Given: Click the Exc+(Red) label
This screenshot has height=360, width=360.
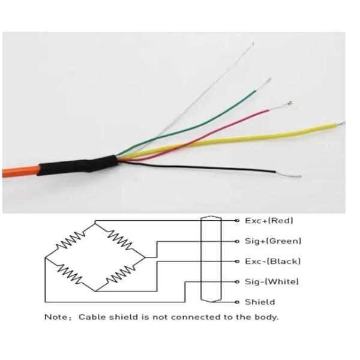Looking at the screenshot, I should (269, 221).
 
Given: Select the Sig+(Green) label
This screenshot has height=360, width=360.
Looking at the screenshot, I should (272, 241).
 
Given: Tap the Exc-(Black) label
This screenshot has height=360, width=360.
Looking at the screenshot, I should (272, 262).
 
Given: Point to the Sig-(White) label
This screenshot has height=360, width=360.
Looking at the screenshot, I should (272, 282).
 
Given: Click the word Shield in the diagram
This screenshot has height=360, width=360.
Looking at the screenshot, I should (260, 302).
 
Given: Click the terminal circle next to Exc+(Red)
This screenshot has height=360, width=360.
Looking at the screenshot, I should (238, 221).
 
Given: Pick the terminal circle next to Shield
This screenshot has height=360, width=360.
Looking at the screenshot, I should (238, 302).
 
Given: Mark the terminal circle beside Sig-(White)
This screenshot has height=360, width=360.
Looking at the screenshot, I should (238, 282).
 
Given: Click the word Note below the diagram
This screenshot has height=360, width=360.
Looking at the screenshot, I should (56, 317).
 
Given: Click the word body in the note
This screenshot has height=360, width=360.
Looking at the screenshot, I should (268, 317).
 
